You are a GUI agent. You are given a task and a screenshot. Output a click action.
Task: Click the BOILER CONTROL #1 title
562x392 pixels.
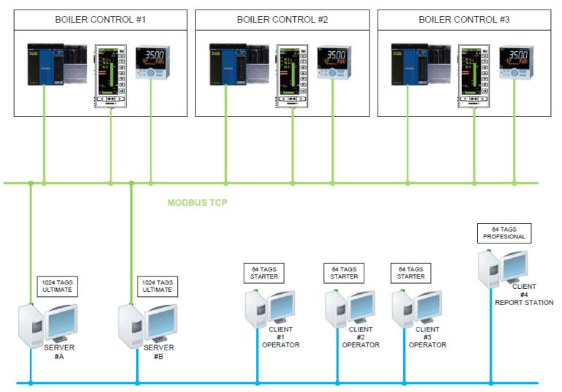(x=101, y=19)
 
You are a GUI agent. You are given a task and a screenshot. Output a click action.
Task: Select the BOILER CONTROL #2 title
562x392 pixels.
(x=282, y=19)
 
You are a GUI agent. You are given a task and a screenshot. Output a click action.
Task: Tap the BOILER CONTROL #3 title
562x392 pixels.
(x=464, y=19)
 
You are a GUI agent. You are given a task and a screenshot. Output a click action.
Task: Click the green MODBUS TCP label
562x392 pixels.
(x=198, y=203)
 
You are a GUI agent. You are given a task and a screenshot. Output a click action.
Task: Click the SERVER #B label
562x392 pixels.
(x=159, y=353)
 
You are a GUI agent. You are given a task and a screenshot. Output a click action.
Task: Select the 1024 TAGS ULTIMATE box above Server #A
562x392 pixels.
(x=56, y=286)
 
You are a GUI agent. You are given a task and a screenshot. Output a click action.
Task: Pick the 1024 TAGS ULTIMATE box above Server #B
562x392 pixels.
(x=157, y=286)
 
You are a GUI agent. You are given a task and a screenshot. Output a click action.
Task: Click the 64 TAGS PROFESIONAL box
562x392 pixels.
(x=504, y=233)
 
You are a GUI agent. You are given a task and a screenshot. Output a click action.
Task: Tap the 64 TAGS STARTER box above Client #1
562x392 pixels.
(x=263, y=273)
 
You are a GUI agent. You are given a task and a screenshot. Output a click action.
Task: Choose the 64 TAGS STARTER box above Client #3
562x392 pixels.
(x=411, y=273)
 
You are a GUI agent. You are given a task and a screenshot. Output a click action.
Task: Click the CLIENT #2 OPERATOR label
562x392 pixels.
(x=361, y=337)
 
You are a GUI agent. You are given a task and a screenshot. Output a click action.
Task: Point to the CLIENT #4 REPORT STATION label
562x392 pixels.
(x=524, y=294)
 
